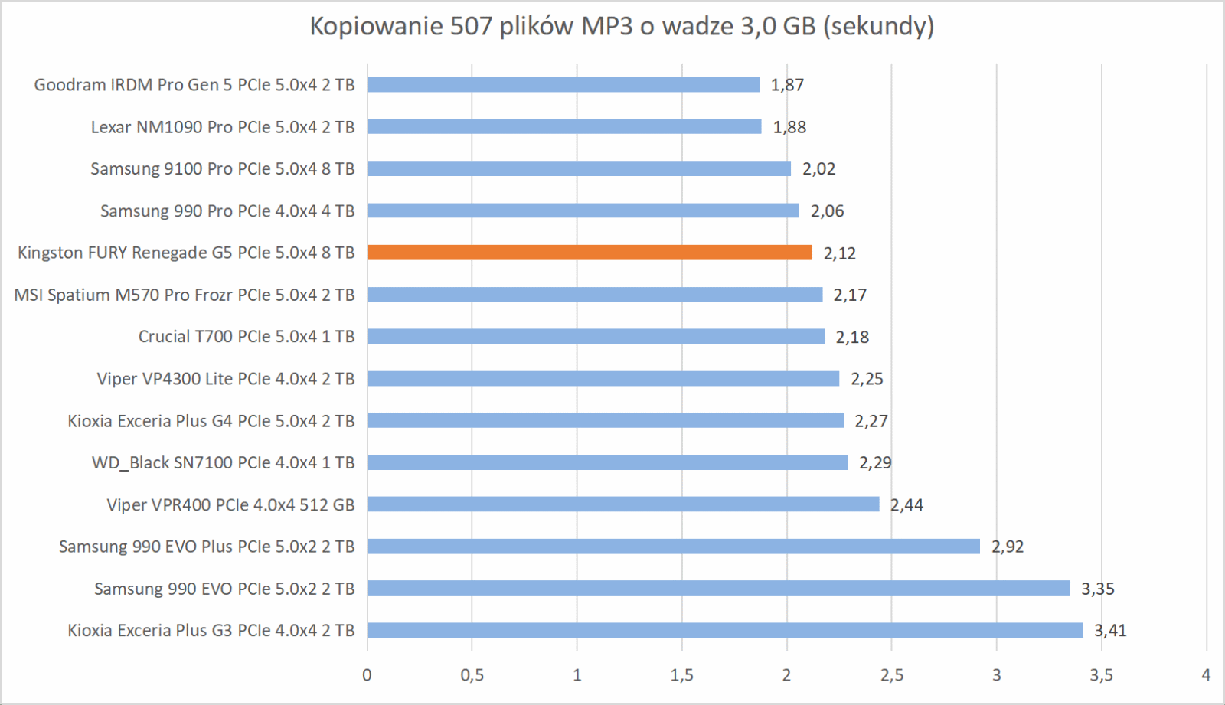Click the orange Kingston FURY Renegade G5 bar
pos(590,253)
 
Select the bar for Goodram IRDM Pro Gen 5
pos(563,85)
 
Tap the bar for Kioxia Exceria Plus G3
pos(725,631)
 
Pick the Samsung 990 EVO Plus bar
pos(674,547)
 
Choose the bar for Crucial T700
pos(596,337)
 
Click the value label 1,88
pos(789,127)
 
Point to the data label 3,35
pos(1097,589)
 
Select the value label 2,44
pos(906,505)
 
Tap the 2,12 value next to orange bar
pos(839,253)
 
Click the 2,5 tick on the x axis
pos(891,675)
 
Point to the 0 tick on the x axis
pos(367,675)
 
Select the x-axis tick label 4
pos(1206,675)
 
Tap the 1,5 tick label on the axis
pos(681,675)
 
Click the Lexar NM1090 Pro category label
pos(222,127)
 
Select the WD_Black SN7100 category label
pos(223,463)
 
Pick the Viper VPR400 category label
pos(230,505)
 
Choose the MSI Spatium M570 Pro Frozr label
pos(184,295)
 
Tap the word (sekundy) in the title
pos(879,27)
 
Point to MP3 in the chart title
pos(606,27)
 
